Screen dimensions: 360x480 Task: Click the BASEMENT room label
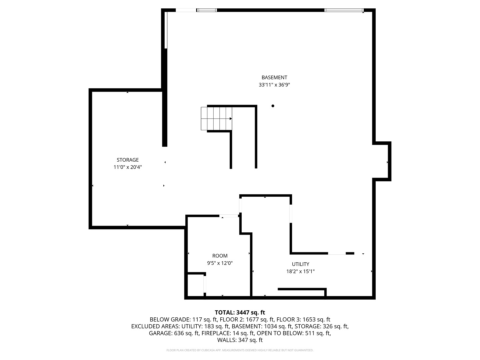click(274, 77)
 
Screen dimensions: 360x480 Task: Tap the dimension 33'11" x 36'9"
click(274, 85)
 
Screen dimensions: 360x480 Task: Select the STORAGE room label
click(128, 160)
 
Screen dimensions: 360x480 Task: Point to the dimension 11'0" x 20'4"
click(128, 167)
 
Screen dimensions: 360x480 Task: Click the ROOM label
click(220, 256)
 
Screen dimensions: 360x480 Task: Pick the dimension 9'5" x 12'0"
click(220, 263)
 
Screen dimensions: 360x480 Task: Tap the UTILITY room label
click(300, 264)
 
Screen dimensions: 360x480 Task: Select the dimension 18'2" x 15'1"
click(300, 271)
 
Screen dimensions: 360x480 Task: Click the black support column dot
click(273, 106)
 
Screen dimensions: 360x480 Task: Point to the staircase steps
click(216, 119)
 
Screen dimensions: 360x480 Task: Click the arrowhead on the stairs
click(231, 119)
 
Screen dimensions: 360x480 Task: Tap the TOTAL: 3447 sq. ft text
click(240, 312)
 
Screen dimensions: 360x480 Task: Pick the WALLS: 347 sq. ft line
click(240, 340)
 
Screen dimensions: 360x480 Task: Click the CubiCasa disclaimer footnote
click(240, 350)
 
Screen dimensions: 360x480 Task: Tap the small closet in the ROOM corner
click(196, 285)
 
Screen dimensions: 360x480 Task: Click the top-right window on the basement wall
click(344, 10)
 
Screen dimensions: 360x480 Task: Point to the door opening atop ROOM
click(229, 216)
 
